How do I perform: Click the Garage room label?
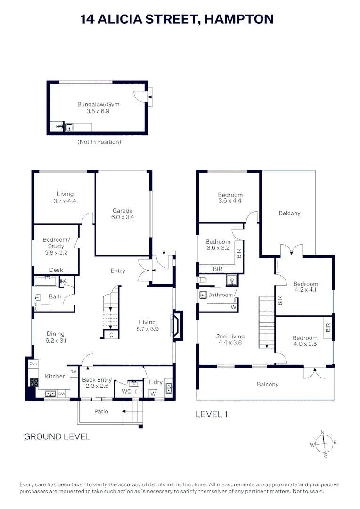(122, 214)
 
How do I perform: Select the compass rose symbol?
(323, 443)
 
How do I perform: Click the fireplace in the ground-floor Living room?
(178, 325)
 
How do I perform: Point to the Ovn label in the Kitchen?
(33, 364)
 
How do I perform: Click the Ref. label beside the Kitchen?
(74, 372)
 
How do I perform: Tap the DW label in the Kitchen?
(61, 393)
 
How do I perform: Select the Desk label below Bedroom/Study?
(56, 270)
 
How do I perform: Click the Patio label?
(101, 411)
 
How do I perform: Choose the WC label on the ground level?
(126, 391)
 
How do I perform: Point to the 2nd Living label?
(230, 339)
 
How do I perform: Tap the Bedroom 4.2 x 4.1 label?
(305, 287)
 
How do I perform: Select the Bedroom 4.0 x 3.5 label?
(305, 341)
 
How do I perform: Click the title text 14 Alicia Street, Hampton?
(177, 19)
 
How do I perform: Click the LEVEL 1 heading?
(212, 414)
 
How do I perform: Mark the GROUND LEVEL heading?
(57, 436)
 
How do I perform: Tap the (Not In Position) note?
(99, 142)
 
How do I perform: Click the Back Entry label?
(97, 383)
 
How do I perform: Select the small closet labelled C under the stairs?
(111, 335)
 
